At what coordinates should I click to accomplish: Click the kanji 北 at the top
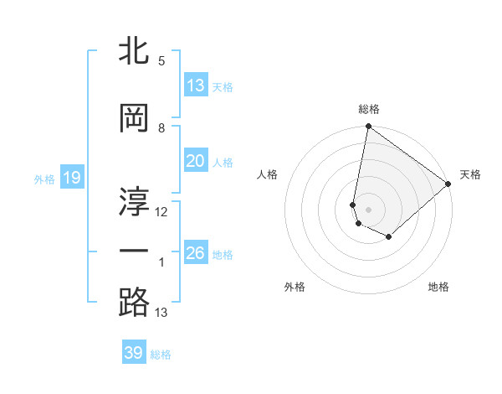point(134,50)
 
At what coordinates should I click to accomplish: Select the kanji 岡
point(134,118)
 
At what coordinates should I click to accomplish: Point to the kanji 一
point(134,251)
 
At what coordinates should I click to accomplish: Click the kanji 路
point(134,302)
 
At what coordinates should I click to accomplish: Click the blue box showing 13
point(196,85)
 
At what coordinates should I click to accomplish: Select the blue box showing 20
point(196,161)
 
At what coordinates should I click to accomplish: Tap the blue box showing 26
point(196,252)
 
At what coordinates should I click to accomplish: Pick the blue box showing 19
point(71,178)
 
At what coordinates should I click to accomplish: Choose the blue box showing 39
point(134,353)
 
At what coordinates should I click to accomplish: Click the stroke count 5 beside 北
point(161,60)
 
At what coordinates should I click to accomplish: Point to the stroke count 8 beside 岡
point(161,128)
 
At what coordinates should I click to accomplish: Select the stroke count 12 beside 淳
point(161,212)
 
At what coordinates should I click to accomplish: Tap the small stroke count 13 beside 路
point(161,313)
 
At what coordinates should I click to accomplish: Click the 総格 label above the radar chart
point(369,109)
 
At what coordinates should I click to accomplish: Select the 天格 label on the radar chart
point(470,174)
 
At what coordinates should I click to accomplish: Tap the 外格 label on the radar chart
point(295,287)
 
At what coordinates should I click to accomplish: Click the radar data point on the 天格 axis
point(448,184)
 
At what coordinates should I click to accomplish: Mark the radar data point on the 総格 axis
point(368,127)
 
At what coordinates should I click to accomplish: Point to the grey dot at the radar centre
point(368,210)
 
